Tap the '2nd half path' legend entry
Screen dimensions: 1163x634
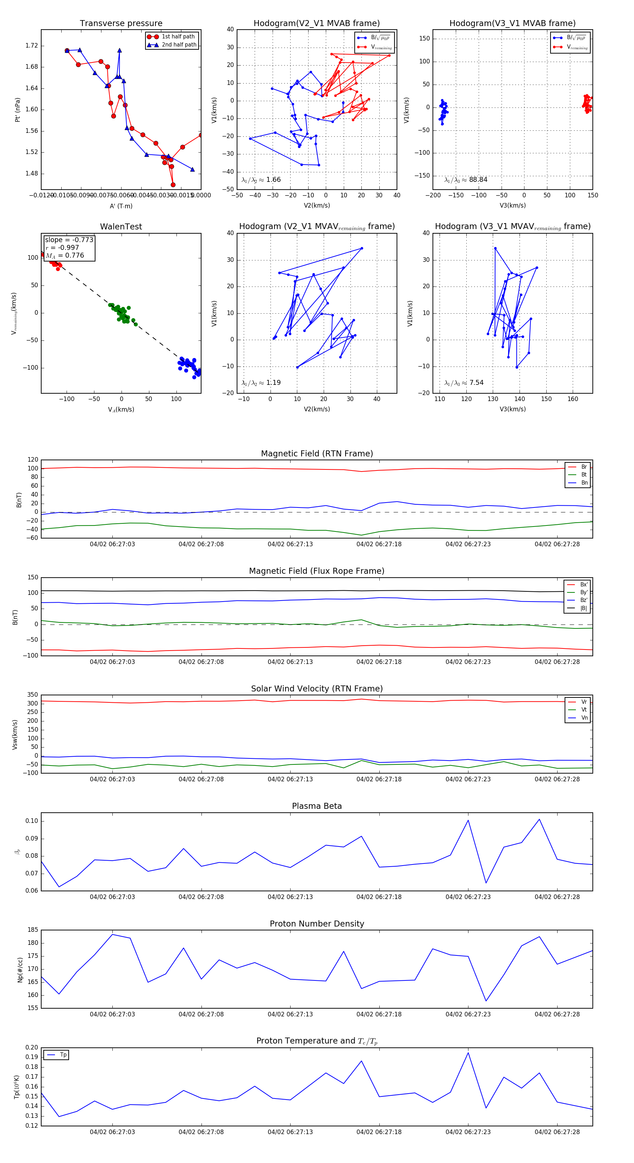tap(179, 45)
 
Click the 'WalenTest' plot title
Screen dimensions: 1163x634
tap(121, 227)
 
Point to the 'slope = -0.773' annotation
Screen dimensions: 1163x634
tap(69, 240)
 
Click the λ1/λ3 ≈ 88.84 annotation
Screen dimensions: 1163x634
tap(466, 180)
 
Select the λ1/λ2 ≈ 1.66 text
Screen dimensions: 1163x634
tap(261, 180)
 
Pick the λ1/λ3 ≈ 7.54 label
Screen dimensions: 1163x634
tap(464, 383)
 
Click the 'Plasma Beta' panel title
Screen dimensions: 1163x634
tap(317, 806)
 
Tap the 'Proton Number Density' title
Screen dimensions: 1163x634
tap(317, 924)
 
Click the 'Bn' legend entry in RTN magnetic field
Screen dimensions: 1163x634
tap(584, 482)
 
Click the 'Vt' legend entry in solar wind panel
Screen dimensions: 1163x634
tap(584, 710)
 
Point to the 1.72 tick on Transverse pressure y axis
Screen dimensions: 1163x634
tap(32, 45)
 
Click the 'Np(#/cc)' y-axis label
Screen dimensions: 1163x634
tap(20, 969)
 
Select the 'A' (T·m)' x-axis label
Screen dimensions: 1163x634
tap(121, 206)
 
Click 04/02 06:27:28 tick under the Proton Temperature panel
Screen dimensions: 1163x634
tap(557, 1132)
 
